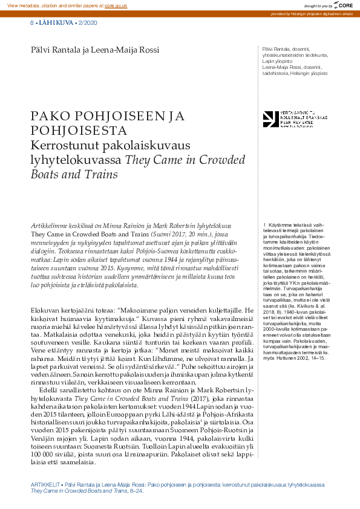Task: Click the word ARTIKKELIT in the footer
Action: tap(45, 485)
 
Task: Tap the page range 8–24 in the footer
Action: tap(135, 492)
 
